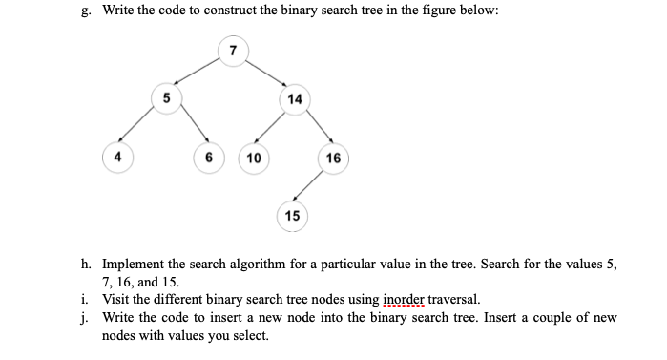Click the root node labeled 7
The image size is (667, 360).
[231, 51]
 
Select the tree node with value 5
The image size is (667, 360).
[168, 96]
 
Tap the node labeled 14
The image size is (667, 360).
[295, 99]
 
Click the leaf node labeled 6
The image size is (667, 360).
[207, 158]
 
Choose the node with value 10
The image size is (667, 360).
[254, 158]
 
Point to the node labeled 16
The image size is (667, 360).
[333, 158]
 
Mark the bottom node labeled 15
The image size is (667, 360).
[292, 216]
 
